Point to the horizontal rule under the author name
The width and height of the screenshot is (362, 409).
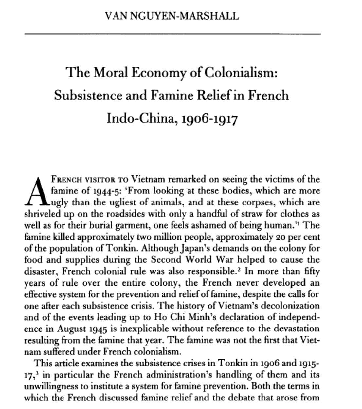coord(172,34)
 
